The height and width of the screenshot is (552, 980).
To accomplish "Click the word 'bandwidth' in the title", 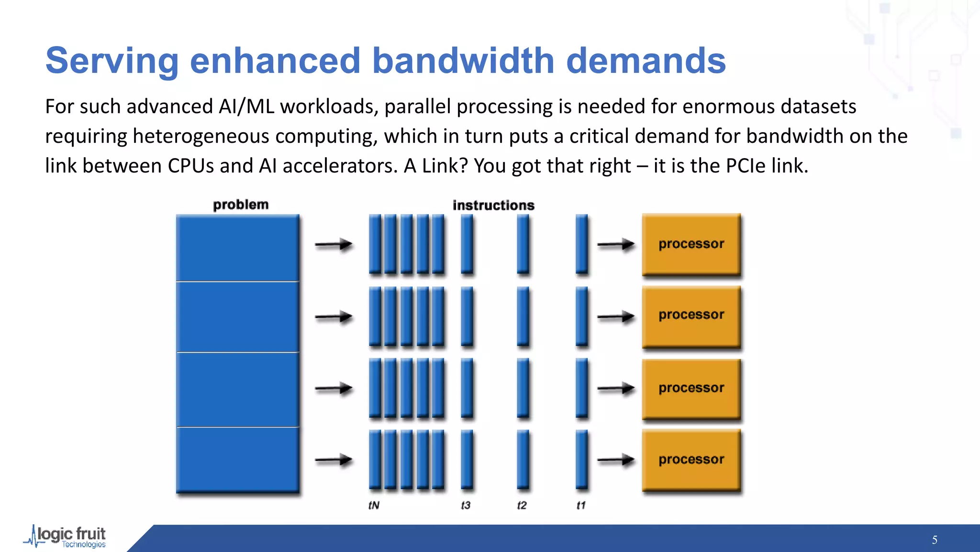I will click(x=463, y=61).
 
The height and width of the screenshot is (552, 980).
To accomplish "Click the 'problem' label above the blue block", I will click(x=241, y=205).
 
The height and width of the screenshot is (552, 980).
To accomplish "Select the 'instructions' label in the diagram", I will click(x=493, y=205).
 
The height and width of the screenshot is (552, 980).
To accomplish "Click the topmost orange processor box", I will click(x=691, y=244).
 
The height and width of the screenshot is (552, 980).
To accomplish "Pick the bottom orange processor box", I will click(x=691, y=460).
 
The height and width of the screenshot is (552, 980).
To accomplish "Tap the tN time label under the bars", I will click(x=374, y=505).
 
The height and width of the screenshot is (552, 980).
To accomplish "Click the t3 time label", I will click(x=466, y=505).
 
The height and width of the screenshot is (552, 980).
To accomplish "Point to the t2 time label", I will click(x=522, y=505).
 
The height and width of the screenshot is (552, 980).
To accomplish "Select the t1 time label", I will click(x=581, y=505).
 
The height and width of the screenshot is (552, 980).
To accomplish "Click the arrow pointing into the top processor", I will click(x=615, y=245).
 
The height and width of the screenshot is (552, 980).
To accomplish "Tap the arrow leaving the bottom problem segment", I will click(x=334, y=460).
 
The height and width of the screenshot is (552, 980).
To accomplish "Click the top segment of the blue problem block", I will click(x=237, y=248).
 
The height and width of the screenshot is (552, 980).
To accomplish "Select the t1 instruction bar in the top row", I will click(x=581, y=244).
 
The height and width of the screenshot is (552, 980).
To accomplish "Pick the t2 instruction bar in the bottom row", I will click(x=523, y=460).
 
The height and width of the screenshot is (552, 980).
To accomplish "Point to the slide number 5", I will click(x=934, y=540).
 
